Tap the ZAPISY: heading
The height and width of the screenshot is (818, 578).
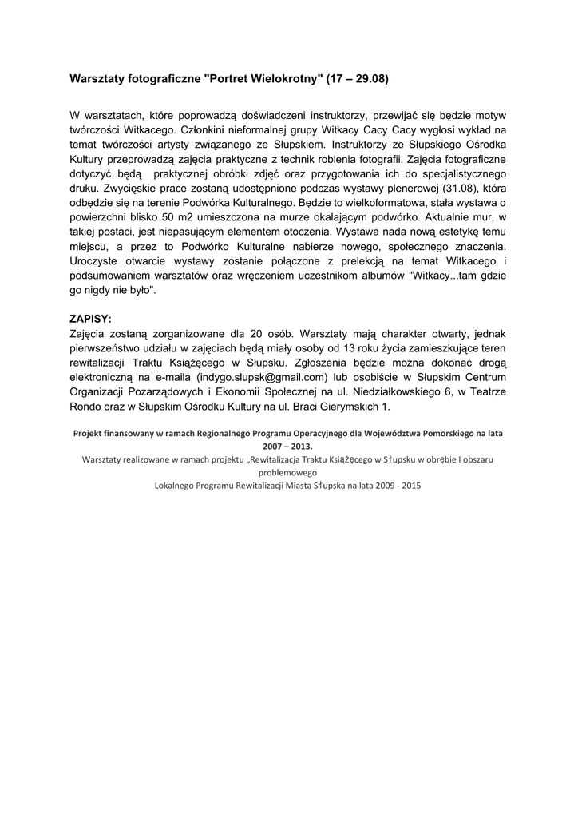91,317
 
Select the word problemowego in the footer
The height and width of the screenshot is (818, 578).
288,472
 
